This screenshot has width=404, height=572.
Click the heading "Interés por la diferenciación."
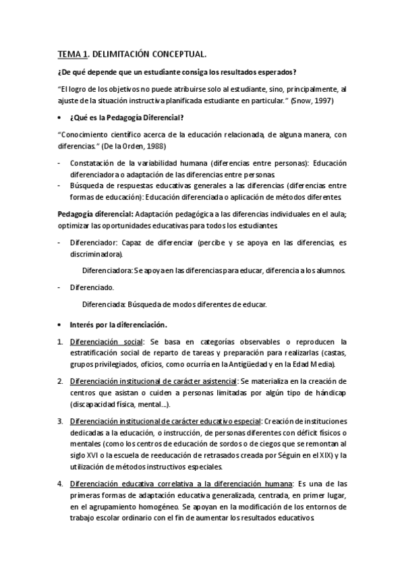click(x=117, y=324)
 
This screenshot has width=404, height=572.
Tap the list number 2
click(x=60, y=381)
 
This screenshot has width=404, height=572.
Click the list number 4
click(x=60, y=483)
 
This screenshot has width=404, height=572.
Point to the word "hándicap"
click(x=330, y=393)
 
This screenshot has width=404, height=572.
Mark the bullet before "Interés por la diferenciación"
click(x=61, y=324)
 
